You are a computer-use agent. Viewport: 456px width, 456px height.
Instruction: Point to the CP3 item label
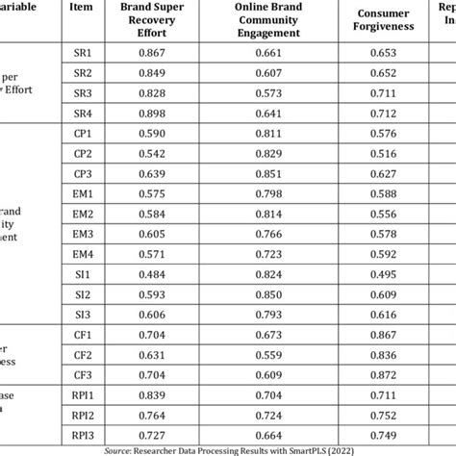[82, 173]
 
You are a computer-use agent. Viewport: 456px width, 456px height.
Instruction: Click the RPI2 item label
[82, 415]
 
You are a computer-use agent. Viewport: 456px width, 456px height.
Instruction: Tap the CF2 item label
[82, 354]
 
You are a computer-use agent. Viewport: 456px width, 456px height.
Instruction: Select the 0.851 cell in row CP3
[265, 173]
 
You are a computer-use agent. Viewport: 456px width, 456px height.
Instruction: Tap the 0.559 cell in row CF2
[265, 354]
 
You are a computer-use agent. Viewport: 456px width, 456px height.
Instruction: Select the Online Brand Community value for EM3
[265, 234]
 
